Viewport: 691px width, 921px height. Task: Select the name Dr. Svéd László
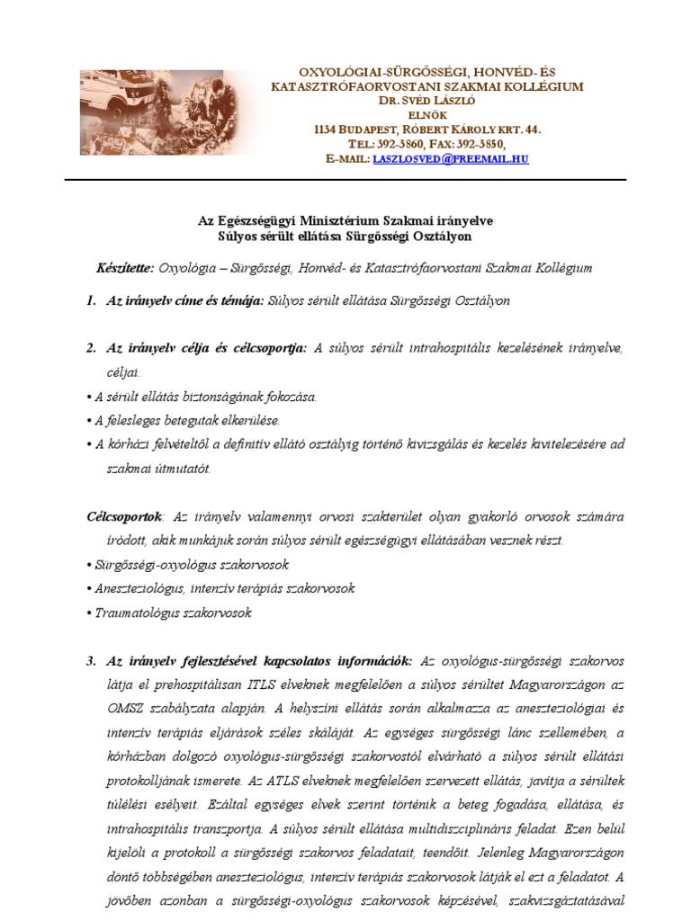(426, 101)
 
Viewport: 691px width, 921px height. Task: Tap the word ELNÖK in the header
(427, 115)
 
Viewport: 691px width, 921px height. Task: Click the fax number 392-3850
(481, 144)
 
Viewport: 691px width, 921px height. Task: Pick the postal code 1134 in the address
(327, 130)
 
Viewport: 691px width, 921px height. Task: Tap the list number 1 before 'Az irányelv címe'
(91, 301)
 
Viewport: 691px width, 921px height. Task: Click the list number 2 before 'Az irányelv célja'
(91, 347)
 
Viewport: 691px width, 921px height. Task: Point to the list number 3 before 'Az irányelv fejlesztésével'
(91, 661)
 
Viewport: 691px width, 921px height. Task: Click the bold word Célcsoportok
(124, 517)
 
